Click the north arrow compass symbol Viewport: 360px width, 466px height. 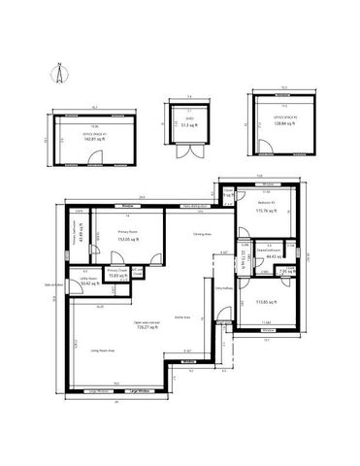click(59, 75)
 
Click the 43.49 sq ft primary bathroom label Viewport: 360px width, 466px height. click(82, 234)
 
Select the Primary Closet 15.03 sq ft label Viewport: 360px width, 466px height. click(117, 275)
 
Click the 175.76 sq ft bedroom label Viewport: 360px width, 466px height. click(267, 209)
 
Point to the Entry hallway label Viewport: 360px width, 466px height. click(222, 288)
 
